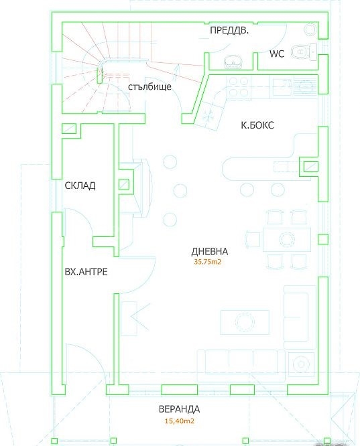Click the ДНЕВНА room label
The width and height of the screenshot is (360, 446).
click(209, 251)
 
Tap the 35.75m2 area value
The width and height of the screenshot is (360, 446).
click(207, 262)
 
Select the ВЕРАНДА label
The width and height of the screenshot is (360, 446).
click(179, 409)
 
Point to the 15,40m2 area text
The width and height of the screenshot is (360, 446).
click(180, 421)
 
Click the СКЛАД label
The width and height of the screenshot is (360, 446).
click(80, 185)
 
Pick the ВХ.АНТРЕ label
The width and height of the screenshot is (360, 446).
click(86, 272)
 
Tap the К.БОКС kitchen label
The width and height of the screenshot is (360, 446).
click(257, 125)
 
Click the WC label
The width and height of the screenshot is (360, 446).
click(277, 54)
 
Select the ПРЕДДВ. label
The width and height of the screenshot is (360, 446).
click(229, 30)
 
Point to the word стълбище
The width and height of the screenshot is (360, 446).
click(149, 86)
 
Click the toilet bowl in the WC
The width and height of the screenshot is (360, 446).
click(300, 52)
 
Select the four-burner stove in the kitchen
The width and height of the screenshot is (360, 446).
click(239, 87)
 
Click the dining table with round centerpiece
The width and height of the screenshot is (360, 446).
click(286, 239)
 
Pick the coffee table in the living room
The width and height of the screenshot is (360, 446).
click(245, 322)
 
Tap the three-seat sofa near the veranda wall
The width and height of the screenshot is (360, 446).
click(241, 366)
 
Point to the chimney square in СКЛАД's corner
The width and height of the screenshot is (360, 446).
click(69, 129)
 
